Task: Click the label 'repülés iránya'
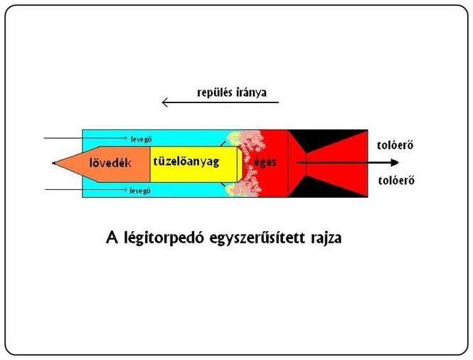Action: pyautogui.click(x=232, y=92)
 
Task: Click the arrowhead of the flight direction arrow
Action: pyautogui.click(x=165, y=102)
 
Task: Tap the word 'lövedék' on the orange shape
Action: pyautogui.click(x=110, y=163)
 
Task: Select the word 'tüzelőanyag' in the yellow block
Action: pyautogui.click(x=186, y=162)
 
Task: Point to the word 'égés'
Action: pyautogui.click(x=265, y=162)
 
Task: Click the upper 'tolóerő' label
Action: pyautogui.click(x=395, y=145)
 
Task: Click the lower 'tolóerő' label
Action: pyautogui.click(x=396, y=181)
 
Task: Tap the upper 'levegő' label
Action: pyautogui.click(x=141, y=139)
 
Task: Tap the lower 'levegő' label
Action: pyautogui.click(x=140, y=191)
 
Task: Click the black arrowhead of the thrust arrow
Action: pyautogui.click(x=395, y=163)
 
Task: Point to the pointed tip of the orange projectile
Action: pyautogui.click(x=53, y=163)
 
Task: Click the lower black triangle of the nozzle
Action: pyautogui.click(x=328, y=187)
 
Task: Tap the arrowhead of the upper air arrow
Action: pyautogui.click(x=125, y=138)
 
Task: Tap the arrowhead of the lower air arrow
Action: pyautogui.click(x=124, y=189)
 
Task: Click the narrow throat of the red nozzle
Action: pyautogui.click(x=306, y=164)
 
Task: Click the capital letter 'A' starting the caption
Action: pyautogui.click(x=111, y=238)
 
